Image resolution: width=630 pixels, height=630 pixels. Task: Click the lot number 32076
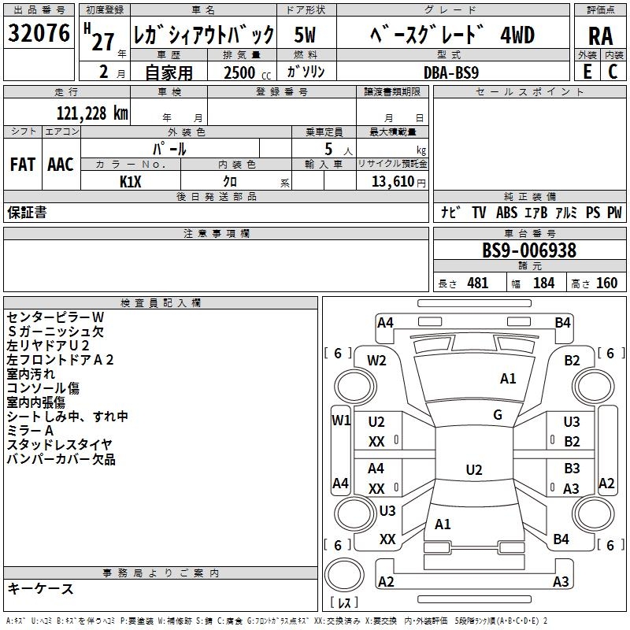point(39,35)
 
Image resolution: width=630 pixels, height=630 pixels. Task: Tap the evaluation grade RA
point(600,35)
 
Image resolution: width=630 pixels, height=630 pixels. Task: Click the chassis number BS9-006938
point(529,251)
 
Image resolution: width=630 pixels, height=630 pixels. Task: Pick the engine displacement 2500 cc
point(243,72)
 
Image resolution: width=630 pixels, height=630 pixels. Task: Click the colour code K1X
point(131,181)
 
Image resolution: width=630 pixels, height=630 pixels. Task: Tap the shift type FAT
point(23,165)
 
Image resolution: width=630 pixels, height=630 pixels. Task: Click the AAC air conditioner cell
point(61,165)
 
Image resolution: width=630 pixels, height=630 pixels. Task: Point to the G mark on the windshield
point(497,415)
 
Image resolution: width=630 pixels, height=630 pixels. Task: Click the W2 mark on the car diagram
point(377,361)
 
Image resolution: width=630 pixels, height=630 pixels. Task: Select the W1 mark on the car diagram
point(340,420)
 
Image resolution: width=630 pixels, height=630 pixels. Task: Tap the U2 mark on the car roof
point(473,470)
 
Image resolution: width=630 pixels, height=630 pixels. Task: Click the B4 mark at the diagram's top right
point(562,322)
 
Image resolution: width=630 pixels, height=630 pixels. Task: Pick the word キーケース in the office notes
point(40,589)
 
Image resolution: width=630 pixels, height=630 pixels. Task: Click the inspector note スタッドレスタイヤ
point(60,445)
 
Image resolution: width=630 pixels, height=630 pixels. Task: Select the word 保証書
point(27,212)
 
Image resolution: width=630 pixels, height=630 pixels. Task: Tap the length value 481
point(477,283)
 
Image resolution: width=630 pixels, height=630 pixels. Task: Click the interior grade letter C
point(613,72)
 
